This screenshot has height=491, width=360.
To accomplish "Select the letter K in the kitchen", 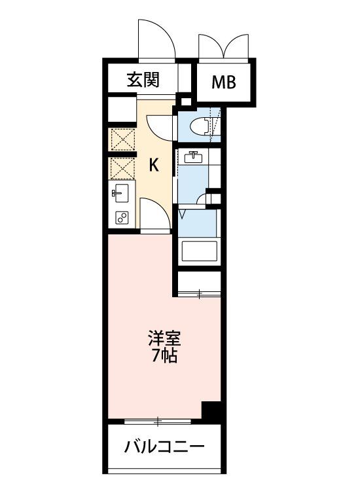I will (x=154, y=165).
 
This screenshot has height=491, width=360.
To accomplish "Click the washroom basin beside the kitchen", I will (x=193, y=157).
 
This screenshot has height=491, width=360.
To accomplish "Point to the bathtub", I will (x=198, y=252).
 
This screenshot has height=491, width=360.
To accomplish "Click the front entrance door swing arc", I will (x=157, y=39).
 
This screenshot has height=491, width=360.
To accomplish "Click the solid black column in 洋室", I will (x=211, y=410).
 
